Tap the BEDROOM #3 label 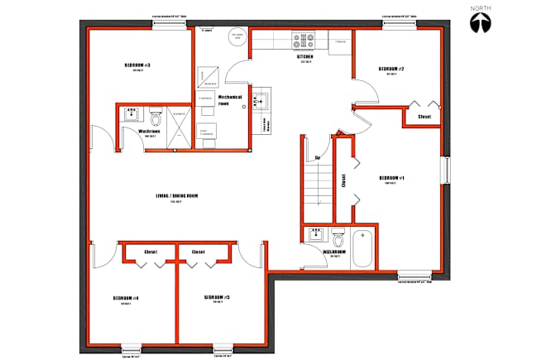tap(137, 65)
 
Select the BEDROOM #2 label tap(391, 69)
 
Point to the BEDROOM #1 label tap(391, 178)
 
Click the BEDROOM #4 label tap(126, 298)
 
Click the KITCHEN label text tap(304, 56)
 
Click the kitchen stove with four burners tap(304, 39)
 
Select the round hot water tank tap(236, 38)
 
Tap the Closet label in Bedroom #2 tap(424, 118)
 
